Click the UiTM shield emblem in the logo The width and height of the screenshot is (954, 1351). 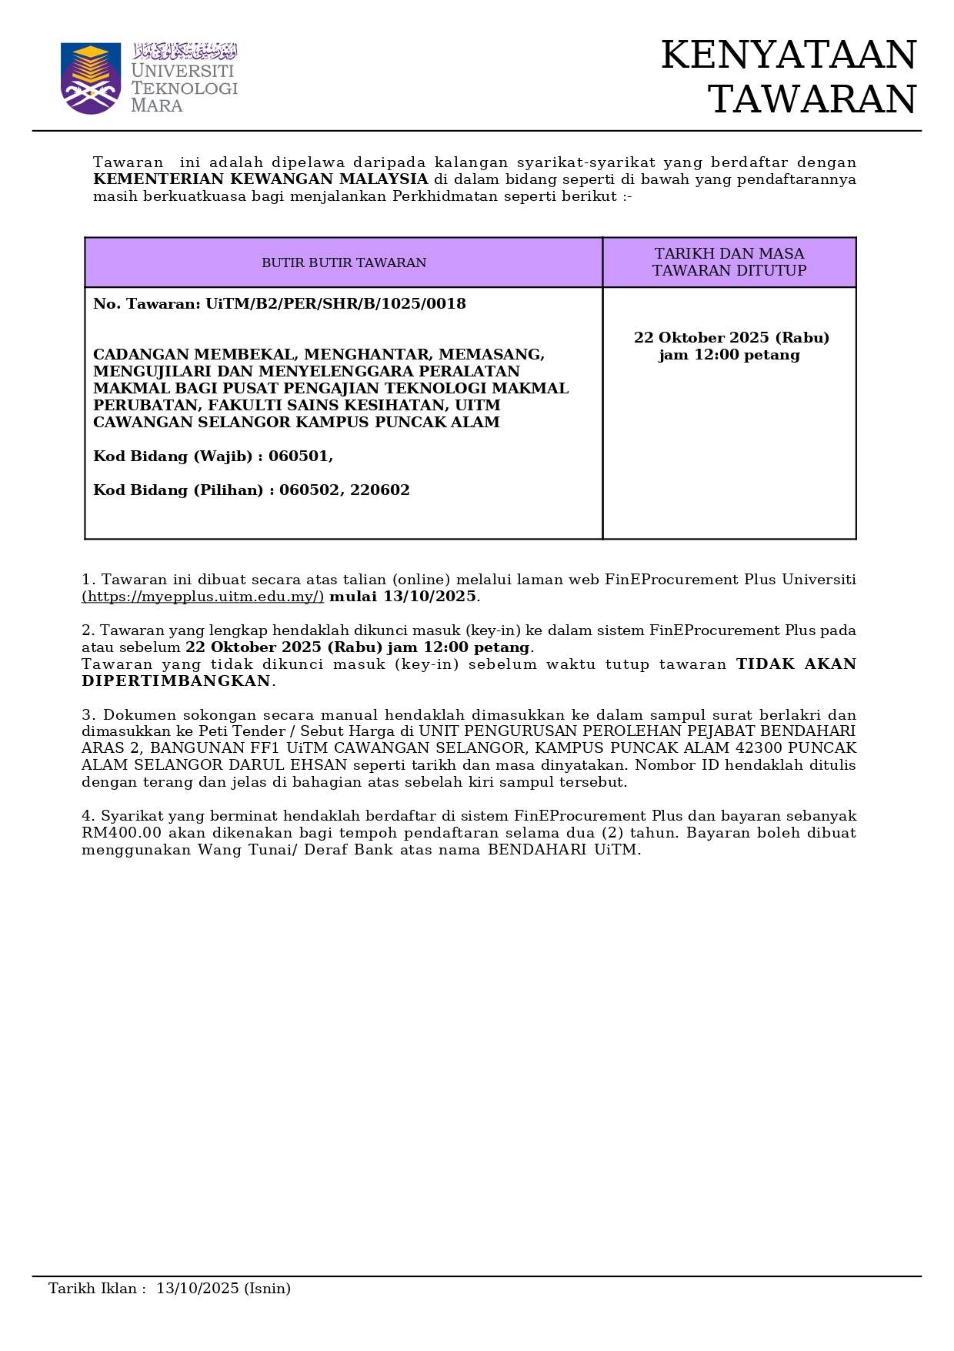[91, 78]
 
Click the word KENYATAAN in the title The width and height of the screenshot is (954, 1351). [789, 55]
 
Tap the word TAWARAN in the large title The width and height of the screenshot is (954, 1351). [812, 100]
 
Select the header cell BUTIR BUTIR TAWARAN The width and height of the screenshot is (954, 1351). [344, 263]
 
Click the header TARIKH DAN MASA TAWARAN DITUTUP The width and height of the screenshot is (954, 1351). [729, 263]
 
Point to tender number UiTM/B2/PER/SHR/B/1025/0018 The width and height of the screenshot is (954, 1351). [335, 304]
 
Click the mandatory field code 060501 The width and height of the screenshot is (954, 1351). [300, 456]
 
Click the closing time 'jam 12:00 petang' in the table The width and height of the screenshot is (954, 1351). [729, 356]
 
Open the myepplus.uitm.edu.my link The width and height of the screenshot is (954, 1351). [203, 597]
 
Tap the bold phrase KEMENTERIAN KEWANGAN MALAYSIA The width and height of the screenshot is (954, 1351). [260, 179]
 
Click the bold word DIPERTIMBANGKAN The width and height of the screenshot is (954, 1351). [176, 681]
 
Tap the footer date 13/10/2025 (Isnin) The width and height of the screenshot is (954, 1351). [223, 1289]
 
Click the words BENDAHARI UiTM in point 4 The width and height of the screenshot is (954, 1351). [564, 850]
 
